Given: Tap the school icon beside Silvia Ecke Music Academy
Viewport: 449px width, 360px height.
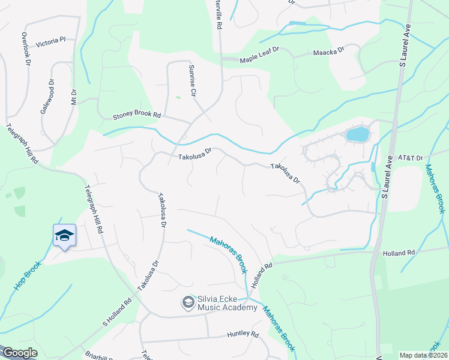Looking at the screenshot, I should click(x=188, y=302).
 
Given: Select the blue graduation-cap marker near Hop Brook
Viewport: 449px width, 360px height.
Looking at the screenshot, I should click(x=64, y=235).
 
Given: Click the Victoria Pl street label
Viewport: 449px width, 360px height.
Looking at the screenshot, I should click(x=50, y=43).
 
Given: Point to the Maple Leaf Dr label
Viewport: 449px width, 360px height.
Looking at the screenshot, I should click(x=260, y=58).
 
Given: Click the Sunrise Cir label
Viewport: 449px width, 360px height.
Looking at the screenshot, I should click(x=192, y=81).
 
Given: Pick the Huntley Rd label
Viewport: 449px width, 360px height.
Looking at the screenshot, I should click(x=243, y=334).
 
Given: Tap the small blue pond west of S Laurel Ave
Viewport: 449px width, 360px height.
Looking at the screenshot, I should click(x=357, y=134).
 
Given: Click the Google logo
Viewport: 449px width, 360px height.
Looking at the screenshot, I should click(x=19, y=353).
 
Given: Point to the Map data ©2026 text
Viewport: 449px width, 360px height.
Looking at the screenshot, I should click(x=423, y=355).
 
